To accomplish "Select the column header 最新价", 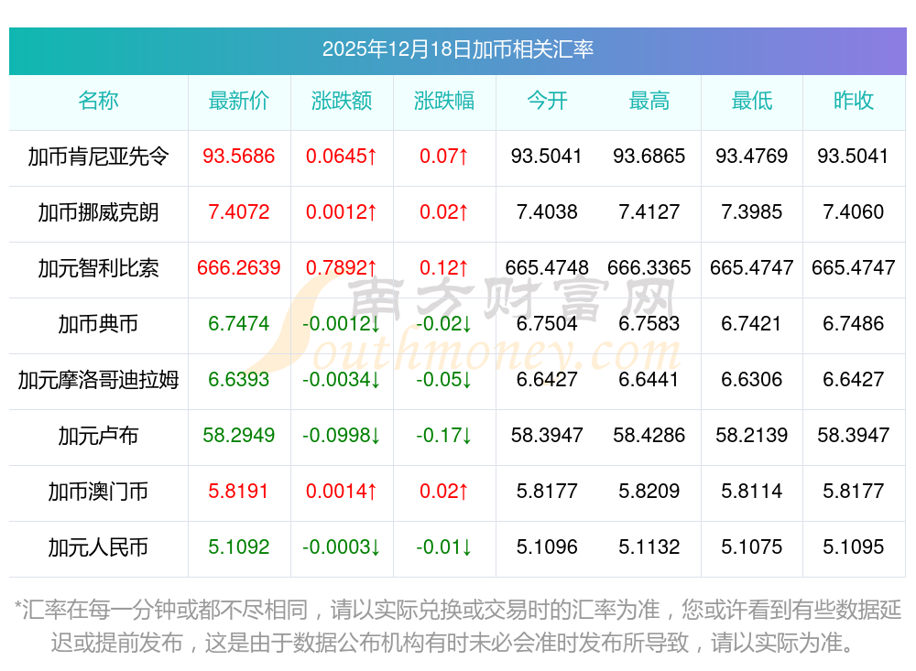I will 239,101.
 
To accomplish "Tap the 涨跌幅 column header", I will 444,101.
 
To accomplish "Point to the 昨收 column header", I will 854,101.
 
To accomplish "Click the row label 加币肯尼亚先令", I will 98,157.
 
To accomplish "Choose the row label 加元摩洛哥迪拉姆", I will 98,380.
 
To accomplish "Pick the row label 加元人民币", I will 98,547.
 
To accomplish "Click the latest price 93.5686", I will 239,157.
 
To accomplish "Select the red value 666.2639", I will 239,268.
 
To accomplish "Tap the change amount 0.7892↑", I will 342,268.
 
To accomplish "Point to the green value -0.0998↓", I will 342,436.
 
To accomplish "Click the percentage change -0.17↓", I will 444,436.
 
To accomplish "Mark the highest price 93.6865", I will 649,157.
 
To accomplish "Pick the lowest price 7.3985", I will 752,212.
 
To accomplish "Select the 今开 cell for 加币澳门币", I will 547,492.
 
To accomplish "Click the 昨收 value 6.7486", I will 854,324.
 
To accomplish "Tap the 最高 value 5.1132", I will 649,547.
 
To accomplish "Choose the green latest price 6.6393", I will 239,380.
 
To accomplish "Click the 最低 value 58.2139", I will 752,436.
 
